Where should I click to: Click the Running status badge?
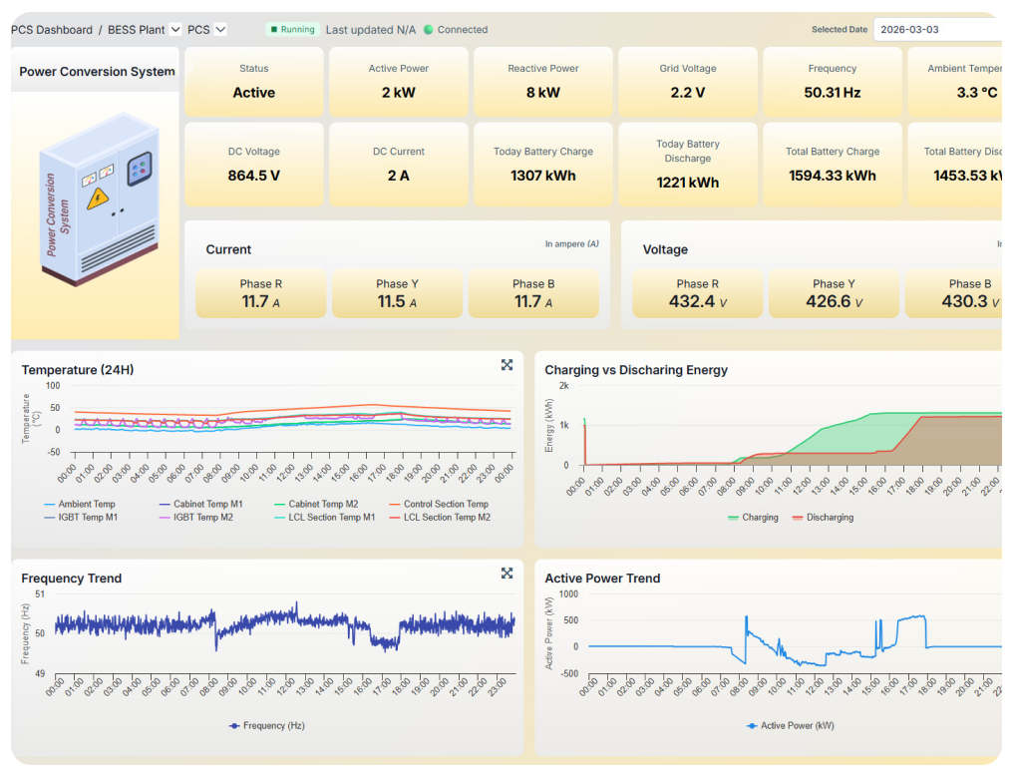[x=292, y=30]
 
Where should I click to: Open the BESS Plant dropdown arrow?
[x=175, y=30]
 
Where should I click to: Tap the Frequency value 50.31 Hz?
[x=832, y=93]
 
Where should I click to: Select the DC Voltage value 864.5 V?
[x=254, y=176]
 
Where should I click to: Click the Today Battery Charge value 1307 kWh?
[x=542, y=176]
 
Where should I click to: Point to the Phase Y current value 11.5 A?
[x=397, y=301]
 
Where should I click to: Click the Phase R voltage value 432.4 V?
[x=697, y=301]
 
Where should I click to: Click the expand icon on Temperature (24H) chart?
[x=506, y=365]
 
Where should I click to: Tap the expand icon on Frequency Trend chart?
[x=506, y=573]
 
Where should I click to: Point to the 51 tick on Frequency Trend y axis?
[x=39, y=593]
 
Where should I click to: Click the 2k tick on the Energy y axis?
[x=563, y=385]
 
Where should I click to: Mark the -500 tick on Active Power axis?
[x=568, y=673]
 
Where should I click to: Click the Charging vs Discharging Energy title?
[x=636, y=370]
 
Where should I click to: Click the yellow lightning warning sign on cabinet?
[x=97, y=197]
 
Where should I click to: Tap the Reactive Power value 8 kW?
[x=542, y=93]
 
